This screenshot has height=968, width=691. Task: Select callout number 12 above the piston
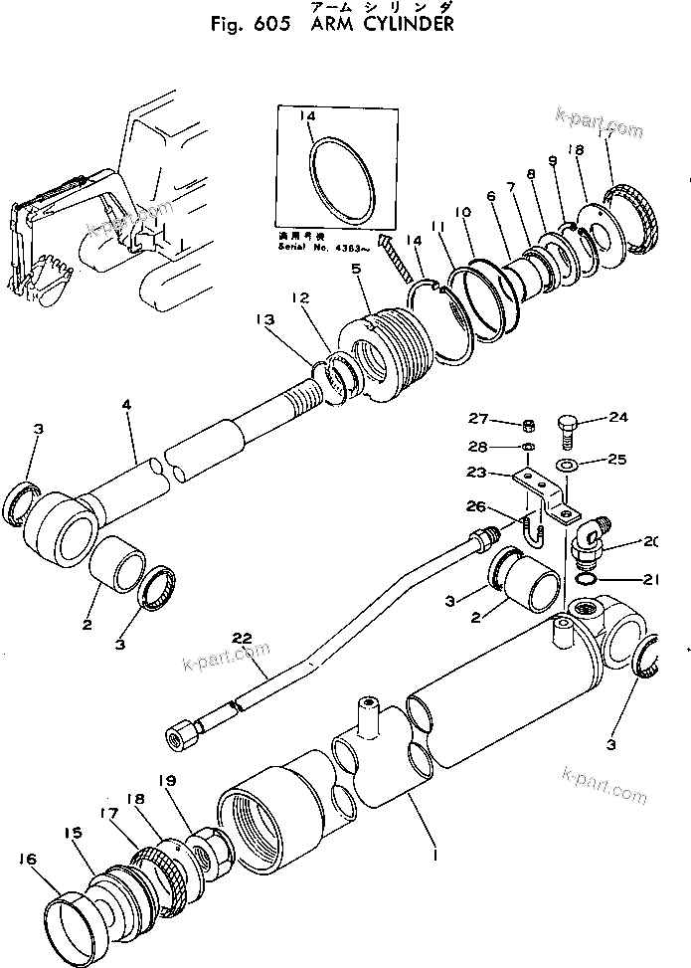click(x=298, y=296)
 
